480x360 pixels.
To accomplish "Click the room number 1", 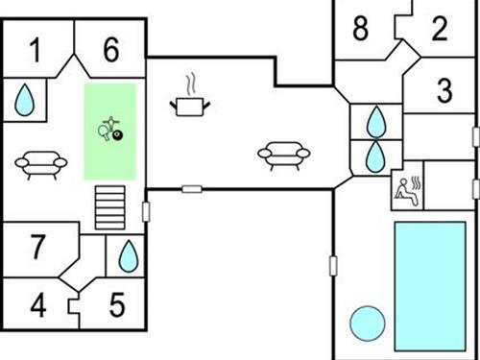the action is [36, 51].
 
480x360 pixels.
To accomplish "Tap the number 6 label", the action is [111, 51].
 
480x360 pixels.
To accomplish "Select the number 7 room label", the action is [36, 248].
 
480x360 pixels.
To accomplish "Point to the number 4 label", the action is [37, 306].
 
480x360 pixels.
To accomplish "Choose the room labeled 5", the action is [116, 306].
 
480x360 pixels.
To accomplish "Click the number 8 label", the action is [360, 29].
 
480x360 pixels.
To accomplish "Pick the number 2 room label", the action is [440, 29].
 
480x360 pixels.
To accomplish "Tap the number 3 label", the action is [444, 92].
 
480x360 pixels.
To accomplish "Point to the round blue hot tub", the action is [367, 324].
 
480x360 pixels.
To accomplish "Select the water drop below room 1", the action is [26, 98].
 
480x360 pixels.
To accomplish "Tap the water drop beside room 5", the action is [127, 256].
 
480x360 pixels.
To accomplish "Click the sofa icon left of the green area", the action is [36, 164].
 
